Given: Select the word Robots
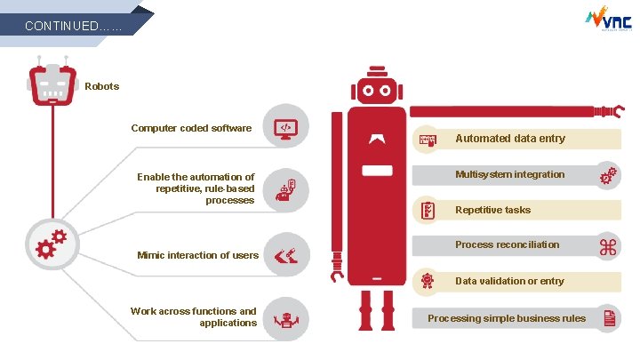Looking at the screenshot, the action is [101, 86].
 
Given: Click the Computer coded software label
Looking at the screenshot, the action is [191, 128].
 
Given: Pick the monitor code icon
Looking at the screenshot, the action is [285, 128].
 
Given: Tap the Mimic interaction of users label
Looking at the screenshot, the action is [197, 255].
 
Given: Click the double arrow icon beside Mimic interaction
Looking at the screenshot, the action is [285, 256].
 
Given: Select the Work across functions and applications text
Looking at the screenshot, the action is [193, 316].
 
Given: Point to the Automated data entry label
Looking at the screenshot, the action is [509, 138].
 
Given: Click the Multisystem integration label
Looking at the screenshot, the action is [509, 174].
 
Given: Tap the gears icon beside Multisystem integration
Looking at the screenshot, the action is [608, 175].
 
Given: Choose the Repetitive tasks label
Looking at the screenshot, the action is [492, 210].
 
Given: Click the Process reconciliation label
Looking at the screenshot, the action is [507, 244].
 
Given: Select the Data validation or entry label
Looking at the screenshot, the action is [509, 281].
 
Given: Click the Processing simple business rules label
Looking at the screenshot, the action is [507, 318].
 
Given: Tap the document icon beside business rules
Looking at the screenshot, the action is [610, 318].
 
